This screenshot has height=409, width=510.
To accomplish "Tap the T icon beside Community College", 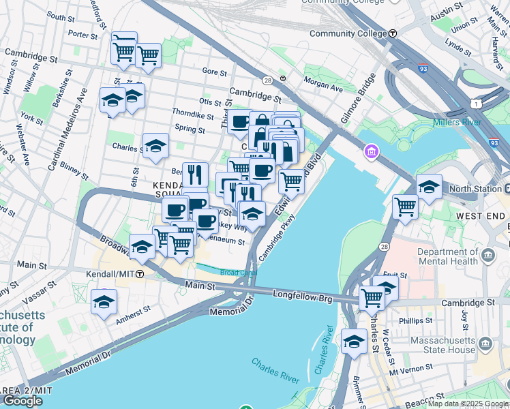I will pos(393,33).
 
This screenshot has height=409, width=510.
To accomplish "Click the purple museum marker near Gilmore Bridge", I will pos(371,151).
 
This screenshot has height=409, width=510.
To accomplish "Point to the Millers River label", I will pos(456,122).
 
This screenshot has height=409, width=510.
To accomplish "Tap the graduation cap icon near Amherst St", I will pos(104,302).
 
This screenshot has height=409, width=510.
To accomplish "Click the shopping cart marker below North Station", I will pos(405,205).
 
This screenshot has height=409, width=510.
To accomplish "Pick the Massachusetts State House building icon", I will pos(485,342).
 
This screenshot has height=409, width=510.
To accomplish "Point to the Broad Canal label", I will pos(238,273).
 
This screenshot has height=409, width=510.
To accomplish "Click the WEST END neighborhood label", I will pos(481,216).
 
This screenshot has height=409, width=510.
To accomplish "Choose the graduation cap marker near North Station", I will pos(428,186).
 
